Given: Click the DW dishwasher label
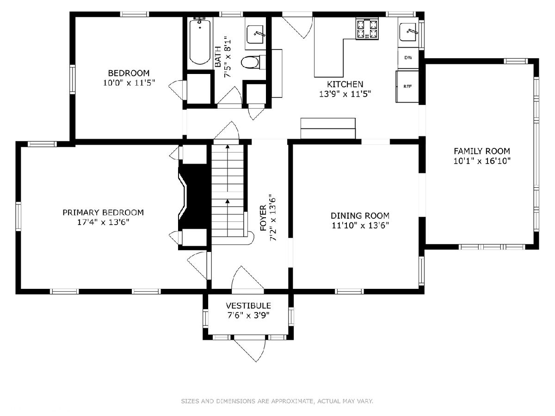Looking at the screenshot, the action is click(408, 58).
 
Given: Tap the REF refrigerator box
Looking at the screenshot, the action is click(407, 86).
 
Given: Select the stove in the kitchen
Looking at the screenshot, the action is click(367, 29).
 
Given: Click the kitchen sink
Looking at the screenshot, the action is click(407, 32).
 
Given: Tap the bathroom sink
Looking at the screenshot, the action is click(255, 35).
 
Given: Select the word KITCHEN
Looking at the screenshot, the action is click(345, 84).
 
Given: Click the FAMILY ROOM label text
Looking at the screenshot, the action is click(481, 151).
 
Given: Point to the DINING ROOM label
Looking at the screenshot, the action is click(360, 215).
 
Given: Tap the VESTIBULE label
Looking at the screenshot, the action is click(248, 306).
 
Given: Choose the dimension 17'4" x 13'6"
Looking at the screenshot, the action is click(103, 222).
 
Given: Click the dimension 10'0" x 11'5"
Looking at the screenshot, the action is click(129, 83).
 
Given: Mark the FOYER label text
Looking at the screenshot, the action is click(263, 218).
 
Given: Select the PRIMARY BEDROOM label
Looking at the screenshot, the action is click(103, 213).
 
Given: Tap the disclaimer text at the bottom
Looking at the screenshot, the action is click(277, 401).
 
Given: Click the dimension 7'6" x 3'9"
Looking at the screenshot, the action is click(248, 316).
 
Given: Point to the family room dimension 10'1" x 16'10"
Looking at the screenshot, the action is click(482, 161).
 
